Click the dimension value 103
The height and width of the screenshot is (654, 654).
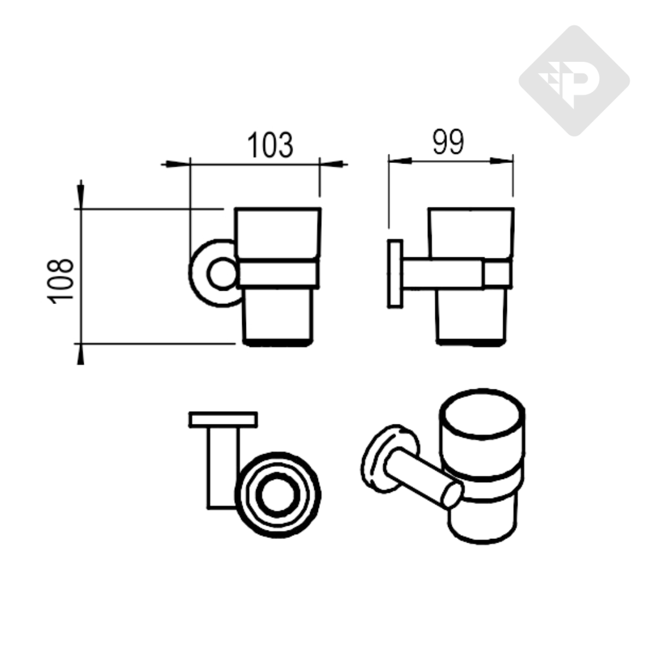[270, 145]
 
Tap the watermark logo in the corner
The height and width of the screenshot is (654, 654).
[574, 80]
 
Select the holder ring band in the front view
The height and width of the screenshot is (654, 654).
[278, 274]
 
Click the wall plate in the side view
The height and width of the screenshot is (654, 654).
[396, 273]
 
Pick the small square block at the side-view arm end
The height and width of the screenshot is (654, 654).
[496, 273]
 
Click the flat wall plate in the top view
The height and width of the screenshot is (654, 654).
[223, 419]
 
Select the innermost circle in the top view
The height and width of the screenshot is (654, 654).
[277, 496]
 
